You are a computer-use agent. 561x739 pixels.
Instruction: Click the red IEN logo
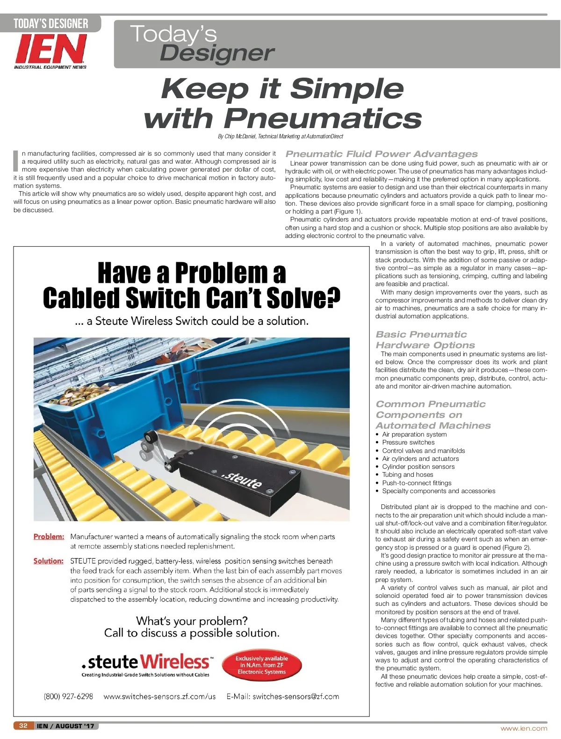pos(50,49)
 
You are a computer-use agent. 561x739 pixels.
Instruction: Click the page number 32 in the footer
pos(23,725)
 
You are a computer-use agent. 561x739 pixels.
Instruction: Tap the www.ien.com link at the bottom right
pos(524,728)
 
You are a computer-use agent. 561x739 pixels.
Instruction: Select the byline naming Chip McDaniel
pos(280,136)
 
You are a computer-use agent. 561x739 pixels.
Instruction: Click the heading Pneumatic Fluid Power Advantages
pos(381,154)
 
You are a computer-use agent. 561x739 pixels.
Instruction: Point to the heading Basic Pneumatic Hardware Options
pos(424,340)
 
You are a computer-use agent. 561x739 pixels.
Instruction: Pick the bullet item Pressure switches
pos(408,442)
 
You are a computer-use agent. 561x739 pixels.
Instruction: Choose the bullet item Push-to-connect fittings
pos(417,483)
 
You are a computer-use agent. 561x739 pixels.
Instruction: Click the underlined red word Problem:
pos(49,537)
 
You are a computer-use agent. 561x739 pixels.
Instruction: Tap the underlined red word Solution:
pos(48,561)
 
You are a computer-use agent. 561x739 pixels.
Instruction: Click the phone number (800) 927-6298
pos(68,696)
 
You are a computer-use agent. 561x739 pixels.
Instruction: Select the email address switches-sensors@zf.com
pos(295,696)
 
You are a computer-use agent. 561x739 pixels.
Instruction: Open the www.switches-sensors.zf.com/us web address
pos(159,696)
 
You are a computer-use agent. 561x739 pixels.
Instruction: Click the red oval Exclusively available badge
pos(261,665)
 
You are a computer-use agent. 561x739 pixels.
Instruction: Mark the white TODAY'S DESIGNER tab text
pos(50,23)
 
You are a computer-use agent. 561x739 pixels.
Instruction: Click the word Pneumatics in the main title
pos(323,118)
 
